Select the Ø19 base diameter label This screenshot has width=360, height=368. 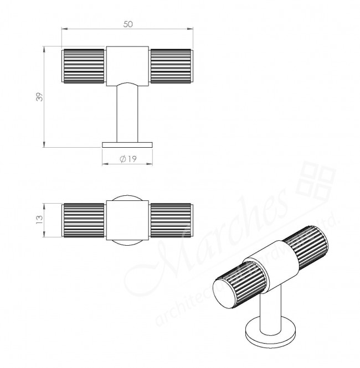pyautogui.click(x=128, y=159)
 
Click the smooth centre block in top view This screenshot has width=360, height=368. pyautogui.click(x=127, y=220)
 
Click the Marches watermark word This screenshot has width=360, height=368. pyautogui.click(x=222, y=232)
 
